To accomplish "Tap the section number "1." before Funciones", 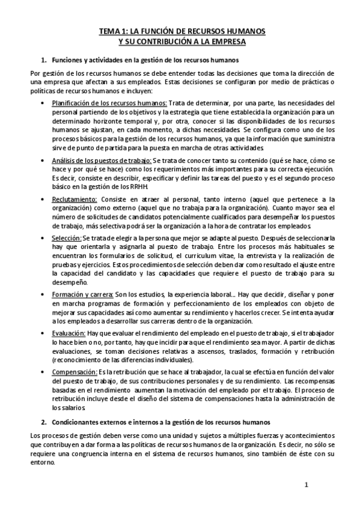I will [x=43, y=60].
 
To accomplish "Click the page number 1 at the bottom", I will [x=306, y=485].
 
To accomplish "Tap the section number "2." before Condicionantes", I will [x=43, y=421].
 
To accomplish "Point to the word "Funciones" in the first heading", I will [x=69, y=60].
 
